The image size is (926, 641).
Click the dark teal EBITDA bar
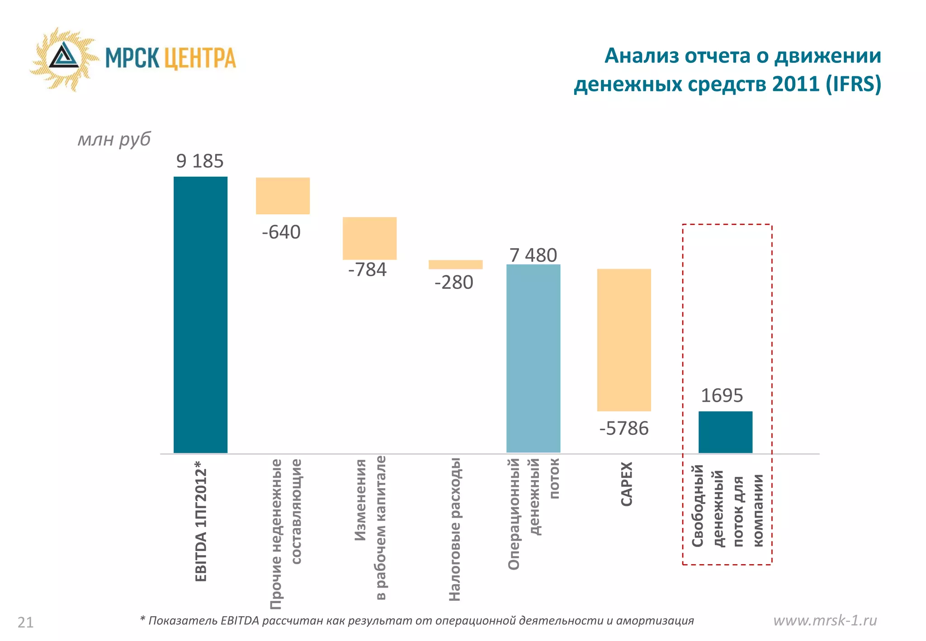coord(200,315)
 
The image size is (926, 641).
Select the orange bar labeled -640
coord(283,196)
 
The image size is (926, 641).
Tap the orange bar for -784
coord(369,238)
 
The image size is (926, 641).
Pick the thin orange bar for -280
coord(455,264)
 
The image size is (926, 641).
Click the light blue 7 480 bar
coord(533,358)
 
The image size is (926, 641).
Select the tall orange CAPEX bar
coord(624,340)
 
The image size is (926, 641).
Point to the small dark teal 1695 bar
coord(725,432)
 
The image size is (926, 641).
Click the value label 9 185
coord(200,161)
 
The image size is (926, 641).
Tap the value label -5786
coord(624,428)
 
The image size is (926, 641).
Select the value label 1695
coord(722,396)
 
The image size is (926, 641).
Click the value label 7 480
coord(533,255)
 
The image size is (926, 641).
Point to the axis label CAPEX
coord(626,484)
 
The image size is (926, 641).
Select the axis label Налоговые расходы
coord(454,529)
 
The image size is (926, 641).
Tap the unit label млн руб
coord(114,139)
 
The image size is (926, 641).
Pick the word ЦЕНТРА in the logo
coord(199,58)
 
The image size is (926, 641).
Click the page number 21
coord(25,622)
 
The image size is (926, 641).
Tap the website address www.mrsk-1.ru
coord(825,620)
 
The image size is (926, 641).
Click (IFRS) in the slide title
coord(853,84)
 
